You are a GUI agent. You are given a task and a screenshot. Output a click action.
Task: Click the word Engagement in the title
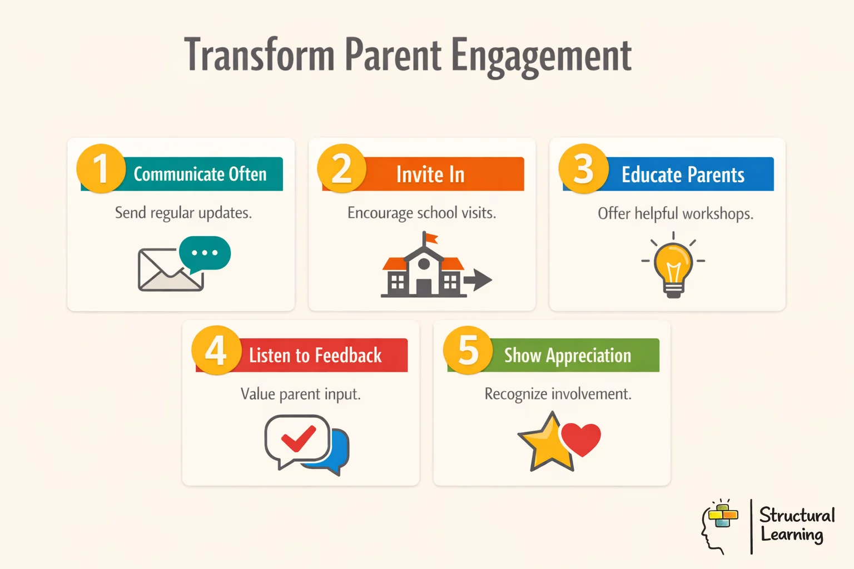click(x=540, y=56)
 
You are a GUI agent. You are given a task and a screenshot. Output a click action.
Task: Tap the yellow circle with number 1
click(x=101, y=168)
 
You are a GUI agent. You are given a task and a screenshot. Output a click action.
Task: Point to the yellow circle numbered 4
click(x=216, y=350)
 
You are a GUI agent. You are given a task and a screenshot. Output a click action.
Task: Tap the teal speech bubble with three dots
click(x=205, y=253)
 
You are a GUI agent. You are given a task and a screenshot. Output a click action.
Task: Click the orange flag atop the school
click(x=431, y=238)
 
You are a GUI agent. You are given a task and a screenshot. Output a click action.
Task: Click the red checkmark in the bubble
click(x=299, y=438)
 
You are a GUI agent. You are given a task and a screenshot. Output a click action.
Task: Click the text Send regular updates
click(x=183, y=213)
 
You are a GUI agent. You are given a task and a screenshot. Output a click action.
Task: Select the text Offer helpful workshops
click(x=675, y=214)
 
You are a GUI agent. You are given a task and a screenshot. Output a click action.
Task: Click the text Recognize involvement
click(x=558, y=394)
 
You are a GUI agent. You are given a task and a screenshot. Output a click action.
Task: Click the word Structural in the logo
click(x=796, y=515)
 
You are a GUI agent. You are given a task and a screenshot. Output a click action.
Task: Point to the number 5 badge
click(x=468, y=350)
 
